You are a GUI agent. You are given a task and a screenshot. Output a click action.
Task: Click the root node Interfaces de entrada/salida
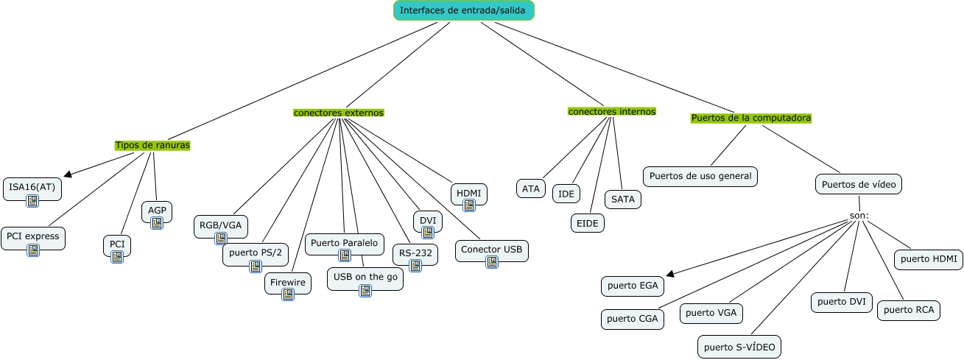click(463, 10)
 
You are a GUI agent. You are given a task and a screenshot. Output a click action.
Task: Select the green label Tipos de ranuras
click(152, 145)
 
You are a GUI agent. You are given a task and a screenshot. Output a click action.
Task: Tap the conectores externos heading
click(338, 113)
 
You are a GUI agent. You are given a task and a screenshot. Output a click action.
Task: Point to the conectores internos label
click(611, 111)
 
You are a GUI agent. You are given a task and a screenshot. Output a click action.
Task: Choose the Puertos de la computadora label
click(751, 118)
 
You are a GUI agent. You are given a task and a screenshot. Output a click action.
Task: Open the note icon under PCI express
click(33, 250)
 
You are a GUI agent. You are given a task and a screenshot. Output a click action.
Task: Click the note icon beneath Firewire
click(288, 294)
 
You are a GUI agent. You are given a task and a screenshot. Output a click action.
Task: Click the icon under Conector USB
click(492, 262)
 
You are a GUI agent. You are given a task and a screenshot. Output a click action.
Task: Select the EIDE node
click(588, 224)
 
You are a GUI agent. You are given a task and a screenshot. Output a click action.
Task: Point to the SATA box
click(623, 200)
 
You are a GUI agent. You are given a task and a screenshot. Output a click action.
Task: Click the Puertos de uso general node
click(700, 177)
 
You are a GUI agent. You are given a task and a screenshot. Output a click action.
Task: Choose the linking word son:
click(859, 216)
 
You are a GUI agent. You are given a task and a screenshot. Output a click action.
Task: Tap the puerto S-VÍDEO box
click(739, 347)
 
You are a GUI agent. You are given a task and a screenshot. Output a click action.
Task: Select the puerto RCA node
click(909, 311)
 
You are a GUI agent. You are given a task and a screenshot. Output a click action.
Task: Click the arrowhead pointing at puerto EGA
click(670, 274)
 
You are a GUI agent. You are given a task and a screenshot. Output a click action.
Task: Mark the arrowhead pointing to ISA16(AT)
click(68, 174)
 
